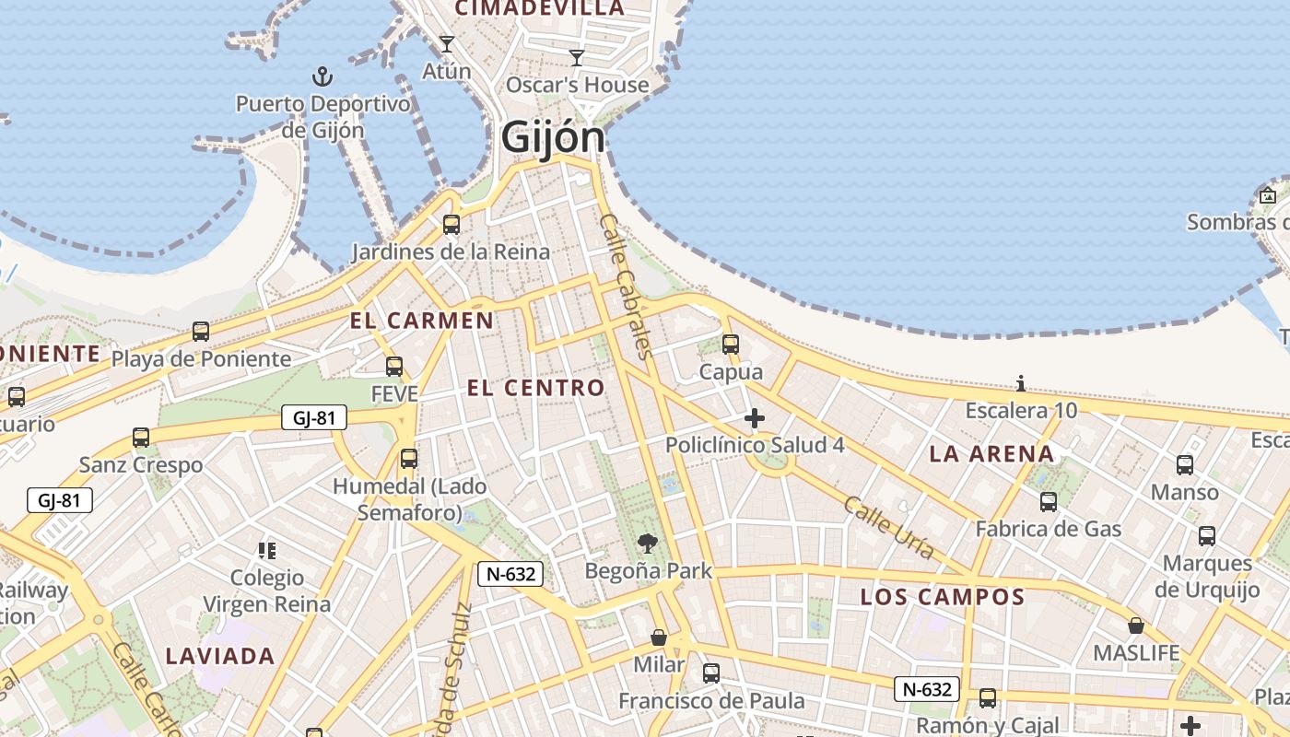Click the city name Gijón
point(554,138)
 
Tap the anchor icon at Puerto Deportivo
point(322,76)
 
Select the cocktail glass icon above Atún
point(447,43)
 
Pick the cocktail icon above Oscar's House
point(577,58)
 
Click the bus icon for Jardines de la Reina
point(451,224)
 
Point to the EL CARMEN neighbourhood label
point(421,321)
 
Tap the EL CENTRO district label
point(535,388)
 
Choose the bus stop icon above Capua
point(731,345)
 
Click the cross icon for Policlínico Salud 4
point(755,418)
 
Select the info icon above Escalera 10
point(1021,383)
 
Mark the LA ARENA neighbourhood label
point(991,453)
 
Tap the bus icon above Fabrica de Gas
point(1049,502)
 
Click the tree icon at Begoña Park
point(649,543)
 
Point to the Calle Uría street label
point(889,528)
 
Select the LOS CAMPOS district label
point(943,597)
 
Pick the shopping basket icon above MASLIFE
point(1136,626)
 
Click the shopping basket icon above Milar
point(659,638)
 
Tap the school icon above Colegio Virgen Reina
point(267,551)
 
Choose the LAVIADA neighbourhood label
point(220,656)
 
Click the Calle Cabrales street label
point(626,286)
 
